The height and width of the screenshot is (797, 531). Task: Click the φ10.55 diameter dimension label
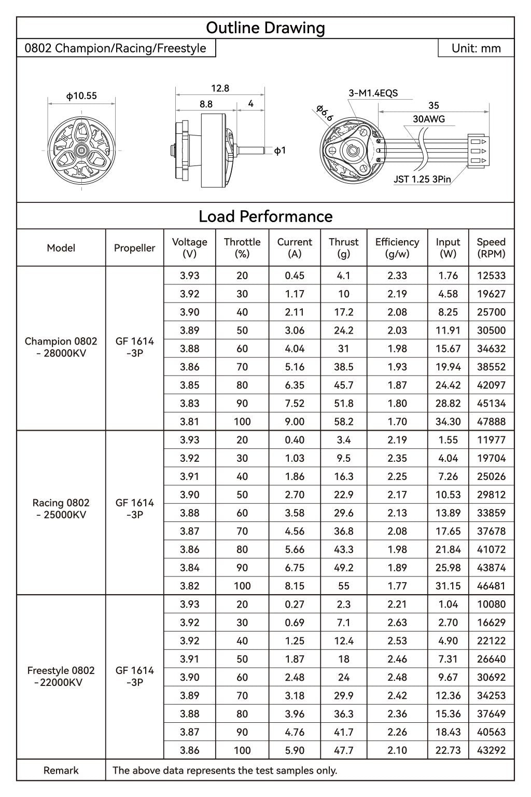click(x=81, y=96)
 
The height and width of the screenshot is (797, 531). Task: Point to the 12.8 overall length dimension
click(x=220, y=88)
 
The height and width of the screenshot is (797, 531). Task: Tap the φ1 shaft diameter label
click(x=280, y=151)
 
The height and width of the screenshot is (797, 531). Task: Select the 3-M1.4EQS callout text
click(x=373, y=93)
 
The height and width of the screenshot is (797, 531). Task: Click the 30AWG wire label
click(x=428, y=119)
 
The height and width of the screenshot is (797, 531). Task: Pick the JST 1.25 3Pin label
click(x=422, y=180)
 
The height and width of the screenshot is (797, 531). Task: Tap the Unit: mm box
click(x=476, y=48)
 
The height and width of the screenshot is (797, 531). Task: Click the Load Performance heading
click(x=265, y=216)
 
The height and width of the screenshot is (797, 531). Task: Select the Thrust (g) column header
click(x=343, y=248)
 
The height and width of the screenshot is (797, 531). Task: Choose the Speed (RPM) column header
click(x=491, y=248)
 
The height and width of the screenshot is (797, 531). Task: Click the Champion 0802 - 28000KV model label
click(x=61, y=348)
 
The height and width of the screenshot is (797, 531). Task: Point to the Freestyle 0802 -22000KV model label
click(x=61, y=677)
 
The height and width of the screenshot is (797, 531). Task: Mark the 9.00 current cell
click(x=295, y=422)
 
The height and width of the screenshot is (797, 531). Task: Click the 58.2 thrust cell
click(x=343, y=422)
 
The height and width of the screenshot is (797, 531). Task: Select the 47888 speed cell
click(x=491, y=422)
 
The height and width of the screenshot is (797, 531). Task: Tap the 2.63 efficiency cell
click(x=397, y=623)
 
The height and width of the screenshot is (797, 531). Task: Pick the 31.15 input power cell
click(x=448, y=586)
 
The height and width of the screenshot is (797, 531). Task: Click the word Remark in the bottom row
click(x=61, y=771)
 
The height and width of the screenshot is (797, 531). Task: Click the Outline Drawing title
click(x=265, y=28)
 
